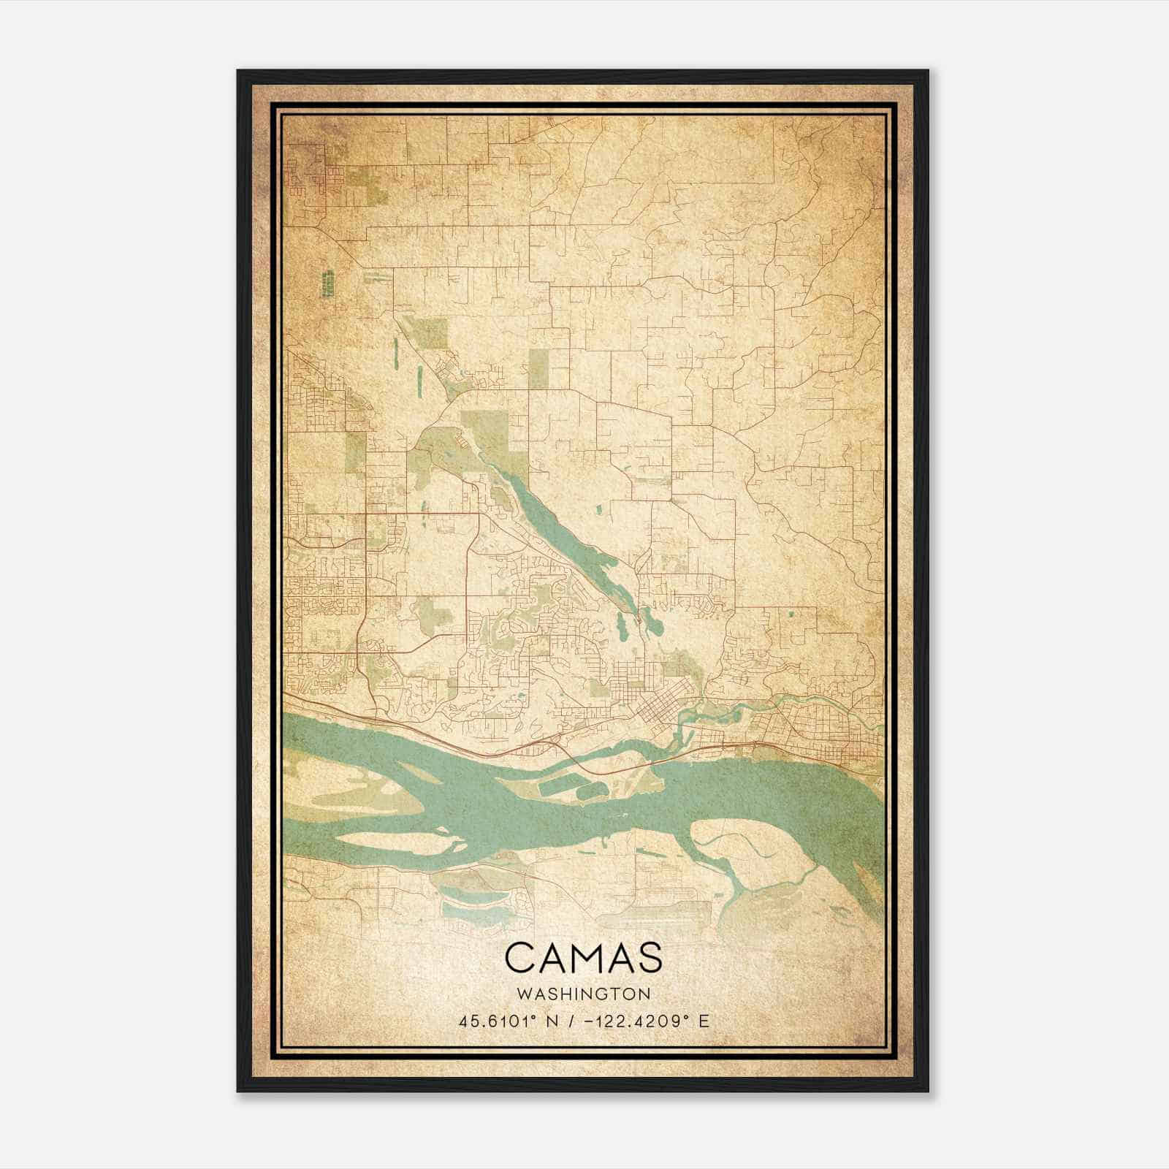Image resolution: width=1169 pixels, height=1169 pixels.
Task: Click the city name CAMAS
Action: [583, 957]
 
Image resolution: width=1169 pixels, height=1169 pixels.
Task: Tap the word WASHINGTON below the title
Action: [583, 994]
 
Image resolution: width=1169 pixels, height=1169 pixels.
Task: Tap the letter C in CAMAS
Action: [519, 957]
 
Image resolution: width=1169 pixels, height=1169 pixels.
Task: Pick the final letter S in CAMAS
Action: [649, 957]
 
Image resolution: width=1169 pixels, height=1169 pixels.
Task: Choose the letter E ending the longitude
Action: [704, 1021]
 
